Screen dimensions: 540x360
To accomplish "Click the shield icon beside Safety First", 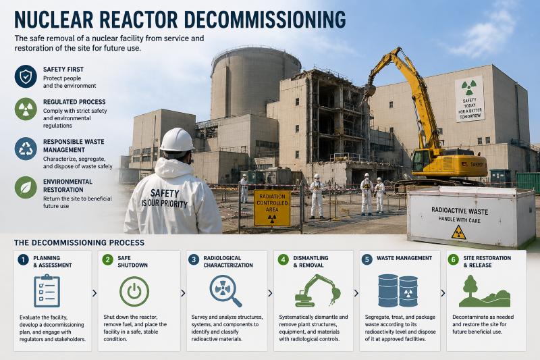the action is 26,76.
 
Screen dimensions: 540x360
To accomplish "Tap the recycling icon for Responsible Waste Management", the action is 26,149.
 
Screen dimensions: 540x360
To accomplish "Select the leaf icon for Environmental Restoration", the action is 26,187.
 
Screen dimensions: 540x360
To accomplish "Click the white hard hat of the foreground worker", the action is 177,140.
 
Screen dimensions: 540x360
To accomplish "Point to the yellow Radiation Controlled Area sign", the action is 272,208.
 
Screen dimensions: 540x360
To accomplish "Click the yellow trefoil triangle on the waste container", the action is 459,233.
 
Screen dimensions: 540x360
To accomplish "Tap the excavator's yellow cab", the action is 423,162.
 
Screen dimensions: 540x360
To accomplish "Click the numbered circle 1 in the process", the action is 23,259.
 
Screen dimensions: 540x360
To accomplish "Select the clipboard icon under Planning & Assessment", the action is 47,290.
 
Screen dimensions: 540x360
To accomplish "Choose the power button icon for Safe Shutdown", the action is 134,292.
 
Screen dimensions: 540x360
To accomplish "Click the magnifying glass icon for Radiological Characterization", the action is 225,291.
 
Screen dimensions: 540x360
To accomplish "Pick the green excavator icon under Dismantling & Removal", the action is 317,290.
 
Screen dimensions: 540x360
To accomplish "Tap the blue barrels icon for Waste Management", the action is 398,290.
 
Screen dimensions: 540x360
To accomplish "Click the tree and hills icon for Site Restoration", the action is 485,291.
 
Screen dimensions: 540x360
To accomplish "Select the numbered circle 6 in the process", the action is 453,259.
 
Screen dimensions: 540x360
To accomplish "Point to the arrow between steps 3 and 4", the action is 270,293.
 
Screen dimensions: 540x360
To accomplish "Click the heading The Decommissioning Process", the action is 79,242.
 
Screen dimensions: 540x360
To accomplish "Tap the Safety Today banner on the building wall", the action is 470,99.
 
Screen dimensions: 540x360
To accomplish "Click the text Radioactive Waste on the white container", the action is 460,211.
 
